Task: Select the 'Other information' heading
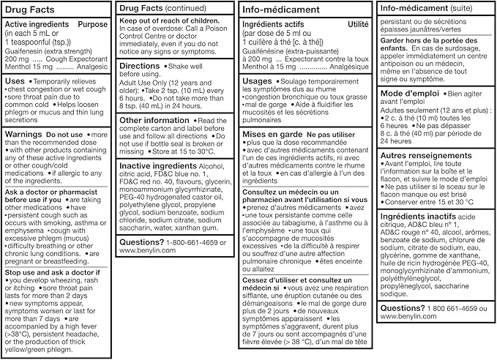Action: [x=154, y=120]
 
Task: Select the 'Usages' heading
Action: [x=258, y=81]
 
